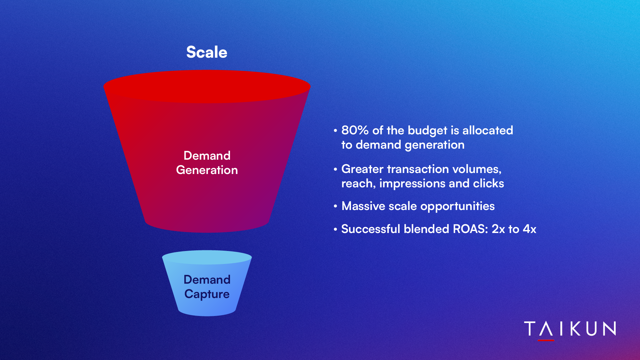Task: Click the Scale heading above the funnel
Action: (x=207, y=52)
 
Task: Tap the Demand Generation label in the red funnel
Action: (x=207, y=163)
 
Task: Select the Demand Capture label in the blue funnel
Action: (x=207, y=287)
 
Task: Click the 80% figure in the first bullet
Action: (x=355, y=130)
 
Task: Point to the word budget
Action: (x=427, y=131)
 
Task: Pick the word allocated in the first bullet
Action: (x=488, y=130)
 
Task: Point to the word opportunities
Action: (x=458, y=206)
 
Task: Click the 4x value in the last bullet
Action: (x=530, y=229)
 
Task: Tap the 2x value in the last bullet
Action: (x=498, y=229)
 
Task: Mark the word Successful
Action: (x=371, y=229)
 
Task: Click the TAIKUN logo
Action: (x=570, y=329)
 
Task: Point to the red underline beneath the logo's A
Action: (x=546, y=340)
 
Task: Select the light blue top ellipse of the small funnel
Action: (x=207, y=257)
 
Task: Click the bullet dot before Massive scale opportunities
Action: (x=335, y=206)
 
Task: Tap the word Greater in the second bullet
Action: (x=362, y=169)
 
